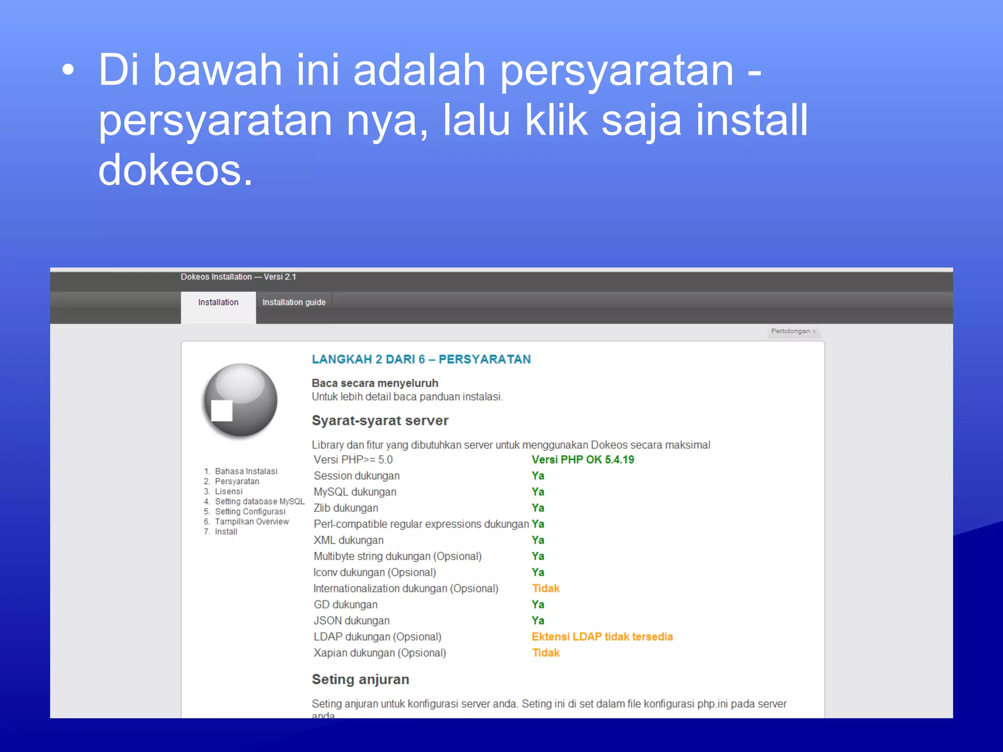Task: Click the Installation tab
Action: point(218,303)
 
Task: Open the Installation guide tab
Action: point(294,303)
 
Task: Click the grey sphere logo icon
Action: point(240,400)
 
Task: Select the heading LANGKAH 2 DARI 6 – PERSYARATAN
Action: point(421,359)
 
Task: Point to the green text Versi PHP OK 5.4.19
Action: point(583,460)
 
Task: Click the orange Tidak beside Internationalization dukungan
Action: point(546,588)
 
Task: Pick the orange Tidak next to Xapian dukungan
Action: point(546,653)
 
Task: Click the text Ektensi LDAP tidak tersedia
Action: point(602,637)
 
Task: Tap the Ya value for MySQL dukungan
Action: point(538,492)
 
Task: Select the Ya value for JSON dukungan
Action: point(538,621)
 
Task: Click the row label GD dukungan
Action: point(346,605)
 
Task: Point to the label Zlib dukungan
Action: point(346,508)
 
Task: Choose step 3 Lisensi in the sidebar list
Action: point(228,492)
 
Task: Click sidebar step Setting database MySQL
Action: point(260,501)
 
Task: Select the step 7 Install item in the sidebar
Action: point(226,532)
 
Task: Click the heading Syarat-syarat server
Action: point(380,421)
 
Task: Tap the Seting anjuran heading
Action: point(360,680)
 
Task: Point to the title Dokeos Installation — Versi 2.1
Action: point(238,277)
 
